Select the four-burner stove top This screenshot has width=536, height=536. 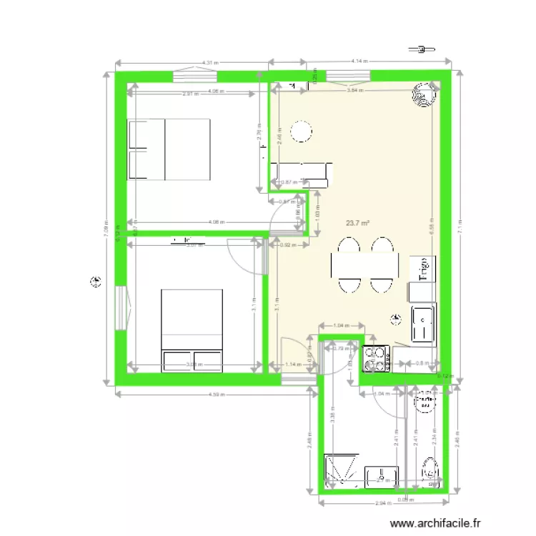pyautogui.click(x=376, y=359)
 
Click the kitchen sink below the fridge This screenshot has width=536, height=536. pyautogui.click(x=423, y=324)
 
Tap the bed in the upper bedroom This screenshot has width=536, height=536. pyautogui.click(x=169, y=149)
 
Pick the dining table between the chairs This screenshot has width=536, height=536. pyautogui.click(x=364, y=266)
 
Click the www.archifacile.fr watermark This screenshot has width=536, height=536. pyautogui.click(x=438, y=523)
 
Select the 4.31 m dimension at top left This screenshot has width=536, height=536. pyautogui.click(x=209, y=63)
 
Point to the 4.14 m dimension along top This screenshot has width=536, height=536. pyautogui.click(x=359, y=62)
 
